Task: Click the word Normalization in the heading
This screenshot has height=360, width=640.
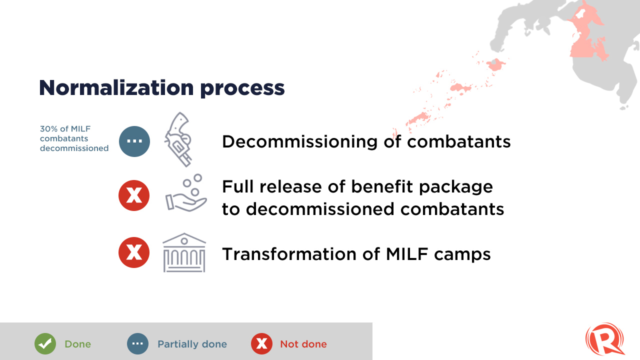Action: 116,87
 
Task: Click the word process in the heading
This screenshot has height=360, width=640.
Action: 242,88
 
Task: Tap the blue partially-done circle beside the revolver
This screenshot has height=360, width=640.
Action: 134,141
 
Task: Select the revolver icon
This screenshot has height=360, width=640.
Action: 177,139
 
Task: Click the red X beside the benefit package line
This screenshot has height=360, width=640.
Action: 134,195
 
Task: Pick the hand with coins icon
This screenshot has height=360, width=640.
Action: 186,193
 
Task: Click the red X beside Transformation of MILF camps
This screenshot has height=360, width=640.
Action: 134,252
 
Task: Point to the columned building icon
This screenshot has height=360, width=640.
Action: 184,252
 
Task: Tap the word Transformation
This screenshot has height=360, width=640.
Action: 289,254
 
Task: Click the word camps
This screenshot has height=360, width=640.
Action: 462,255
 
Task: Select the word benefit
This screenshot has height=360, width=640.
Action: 382,187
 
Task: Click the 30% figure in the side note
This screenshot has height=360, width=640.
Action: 49,129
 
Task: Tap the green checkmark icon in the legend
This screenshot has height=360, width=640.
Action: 45,343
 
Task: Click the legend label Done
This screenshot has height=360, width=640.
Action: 77,344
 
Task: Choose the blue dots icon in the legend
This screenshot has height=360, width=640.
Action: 137,343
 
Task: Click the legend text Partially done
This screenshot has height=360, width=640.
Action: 192,344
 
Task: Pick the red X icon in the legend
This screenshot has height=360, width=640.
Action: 261,343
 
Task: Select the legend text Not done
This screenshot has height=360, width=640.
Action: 303,344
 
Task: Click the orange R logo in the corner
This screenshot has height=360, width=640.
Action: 605,339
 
